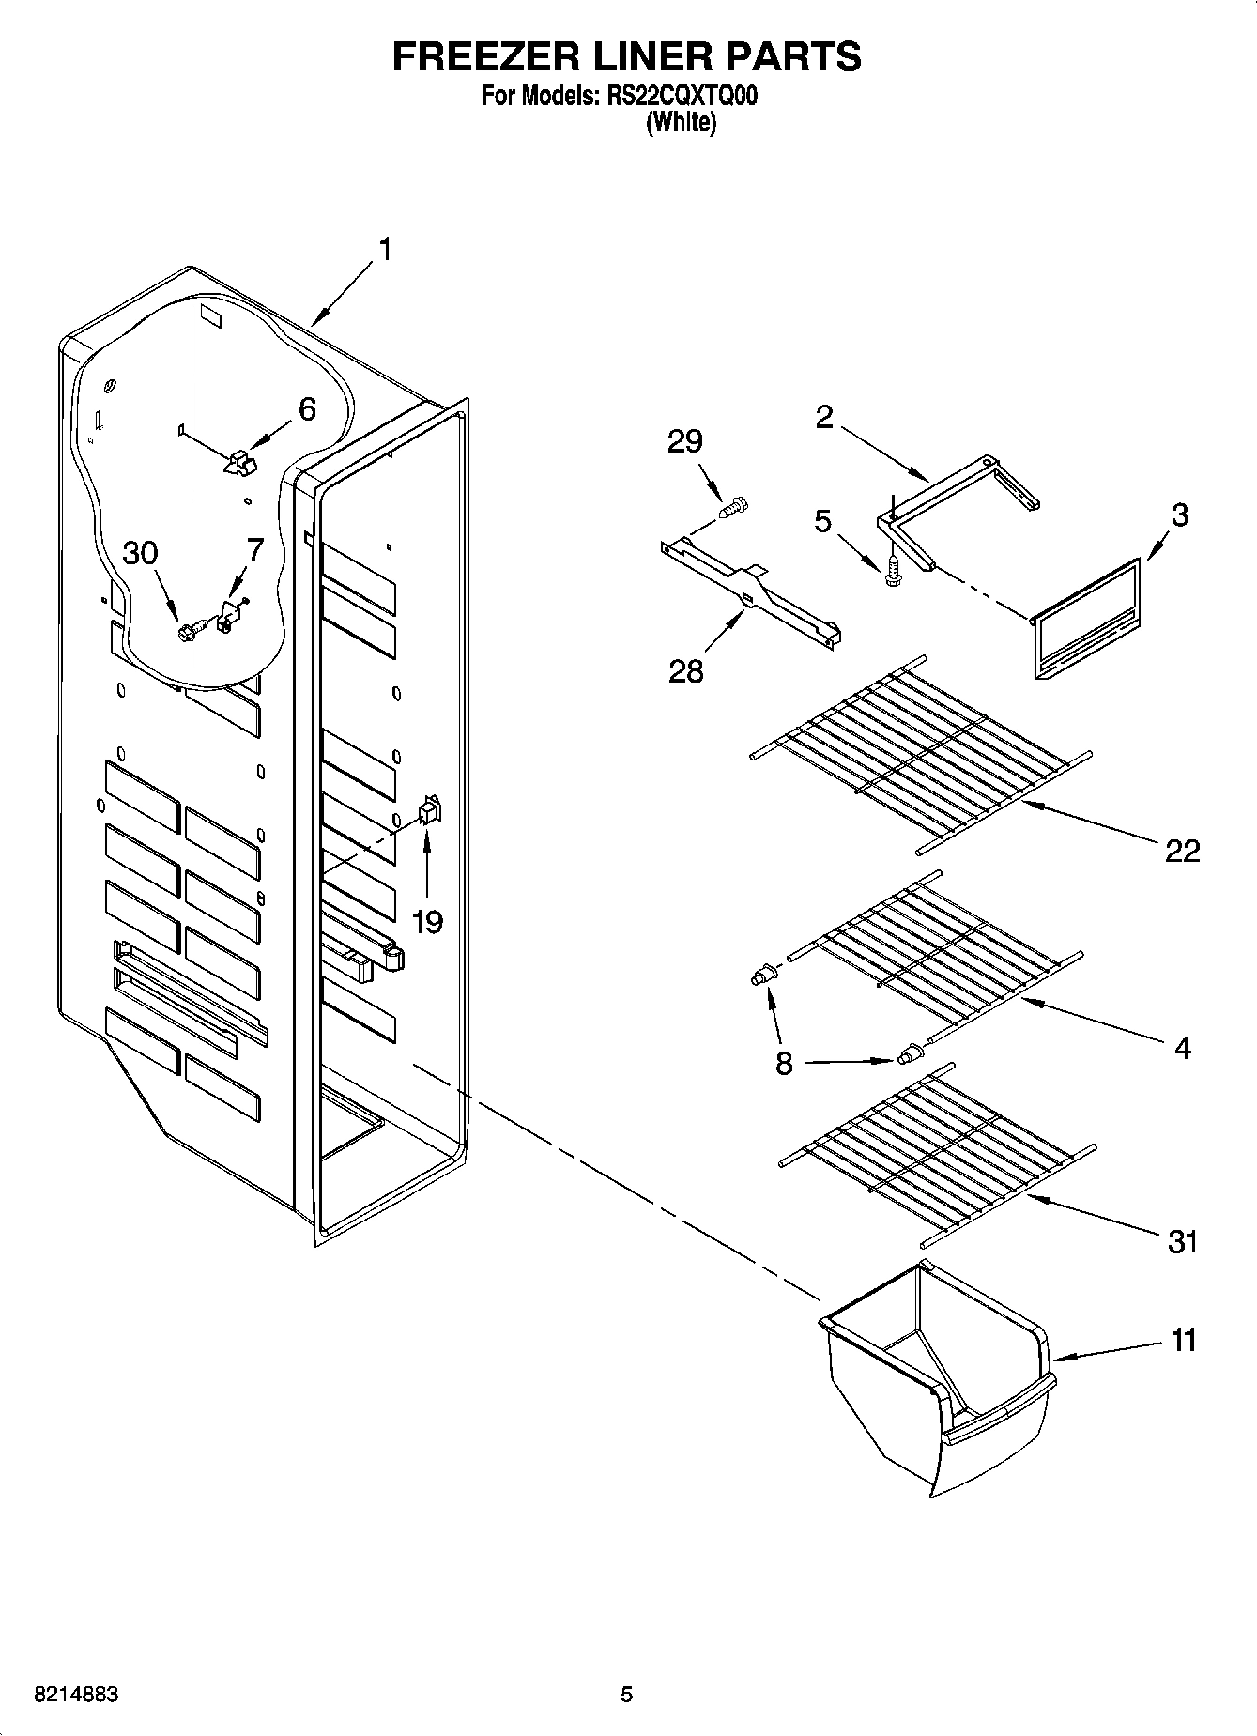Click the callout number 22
click(1182, 851)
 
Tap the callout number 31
click(1182, 1241)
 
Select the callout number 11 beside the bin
click(1184, 1340)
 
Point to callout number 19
click(427, 922)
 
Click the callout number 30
click(141, 553)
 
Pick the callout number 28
click(685, 671)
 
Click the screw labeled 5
click(893, 570)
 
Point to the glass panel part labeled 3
click(1089, 620)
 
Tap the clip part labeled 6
click(240, 461)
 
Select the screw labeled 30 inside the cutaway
click(188, 632)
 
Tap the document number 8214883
click(76, 1695)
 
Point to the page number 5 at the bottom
click(626, 1695)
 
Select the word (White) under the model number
click(681, 123)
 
